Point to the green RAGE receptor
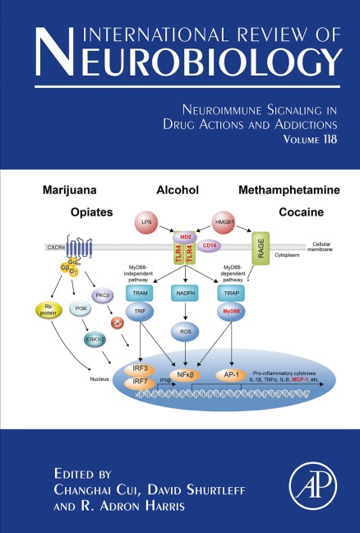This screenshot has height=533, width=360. (262, 246)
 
